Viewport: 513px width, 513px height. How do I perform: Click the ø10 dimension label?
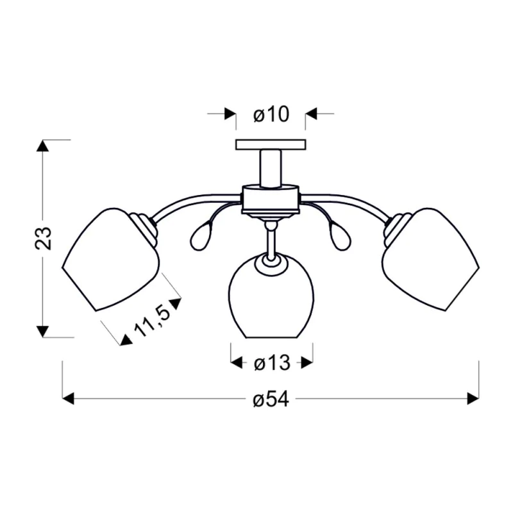pyautogui.click(x=271, y=115)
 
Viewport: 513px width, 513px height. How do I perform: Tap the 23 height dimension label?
pyautogui.click(x=43, y=238)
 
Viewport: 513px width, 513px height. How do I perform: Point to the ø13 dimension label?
pyautogui.click(x=272, y=363)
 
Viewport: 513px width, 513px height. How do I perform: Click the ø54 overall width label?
pyautogui.click(x=271, y=399)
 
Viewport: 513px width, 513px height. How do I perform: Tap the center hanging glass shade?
pyautogui.click(x=271, y=296)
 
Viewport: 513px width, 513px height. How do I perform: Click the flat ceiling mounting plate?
pyautogui.click(x=271, y=145)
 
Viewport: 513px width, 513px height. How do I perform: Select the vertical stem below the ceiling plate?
pyautogui.click(x=271, y=169)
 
